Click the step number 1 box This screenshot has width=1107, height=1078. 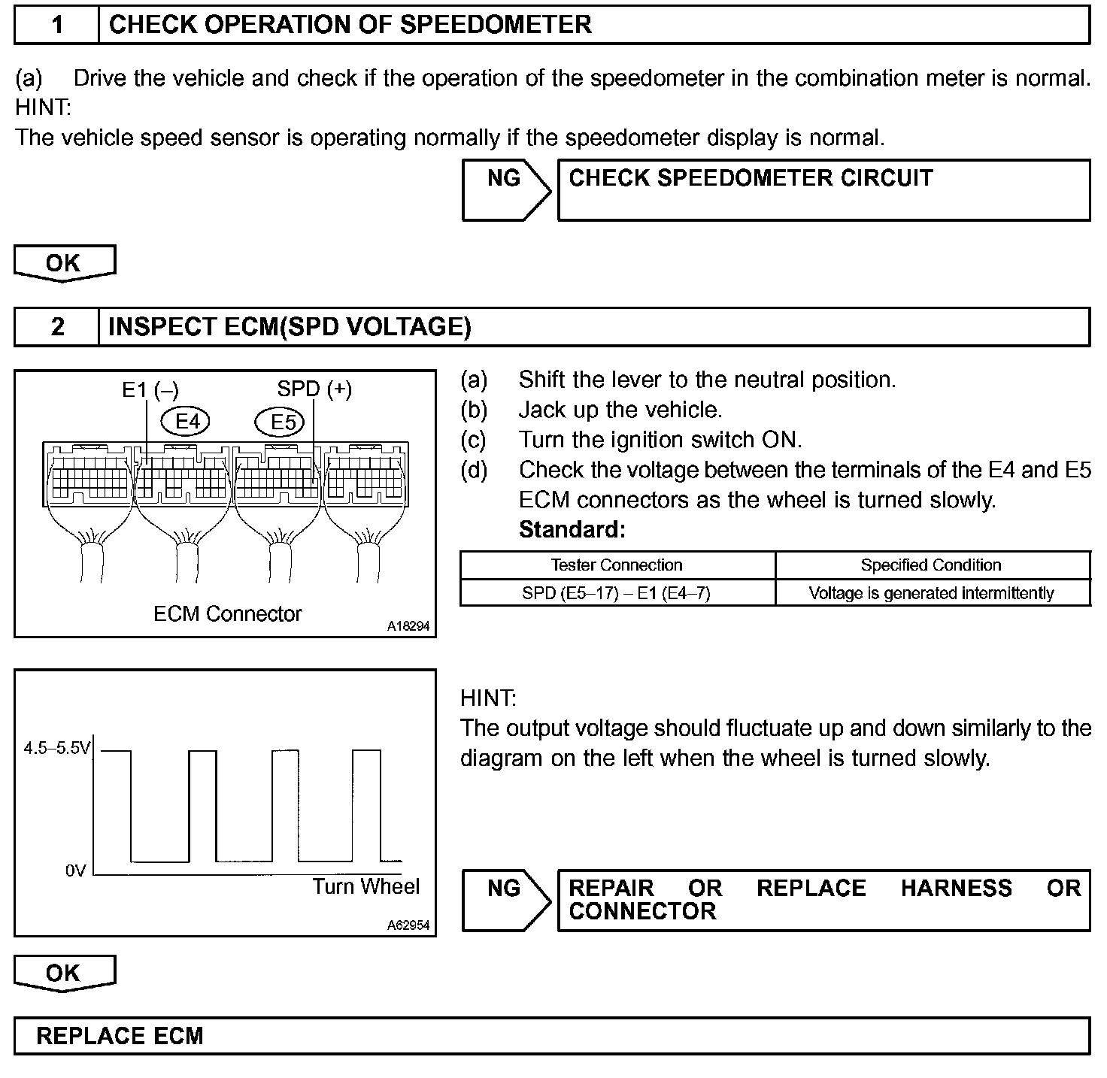57,26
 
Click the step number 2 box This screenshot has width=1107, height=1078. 57,327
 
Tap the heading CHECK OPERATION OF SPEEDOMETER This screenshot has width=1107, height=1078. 350,26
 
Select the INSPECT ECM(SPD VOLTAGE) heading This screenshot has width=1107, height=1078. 290,327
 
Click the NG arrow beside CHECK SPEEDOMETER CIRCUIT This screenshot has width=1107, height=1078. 505,189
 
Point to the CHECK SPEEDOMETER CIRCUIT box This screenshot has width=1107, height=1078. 823,189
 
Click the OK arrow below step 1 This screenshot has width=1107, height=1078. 64,263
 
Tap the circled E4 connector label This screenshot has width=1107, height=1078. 187,422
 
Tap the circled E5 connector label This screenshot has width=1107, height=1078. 283,422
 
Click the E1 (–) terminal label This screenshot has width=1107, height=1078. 150,389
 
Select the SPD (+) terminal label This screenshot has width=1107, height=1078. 314,389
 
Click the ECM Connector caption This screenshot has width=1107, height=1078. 227,614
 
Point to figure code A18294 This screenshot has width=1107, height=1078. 409,625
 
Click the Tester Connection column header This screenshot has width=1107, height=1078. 617,565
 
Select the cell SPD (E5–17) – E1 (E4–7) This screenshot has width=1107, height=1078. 617,593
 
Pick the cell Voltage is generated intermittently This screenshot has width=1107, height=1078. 931,593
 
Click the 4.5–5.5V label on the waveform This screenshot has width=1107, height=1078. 57,749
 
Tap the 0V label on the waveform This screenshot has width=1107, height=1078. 76,871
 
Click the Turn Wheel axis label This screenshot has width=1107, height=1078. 366,887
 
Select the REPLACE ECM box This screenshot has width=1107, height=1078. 552,1036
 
